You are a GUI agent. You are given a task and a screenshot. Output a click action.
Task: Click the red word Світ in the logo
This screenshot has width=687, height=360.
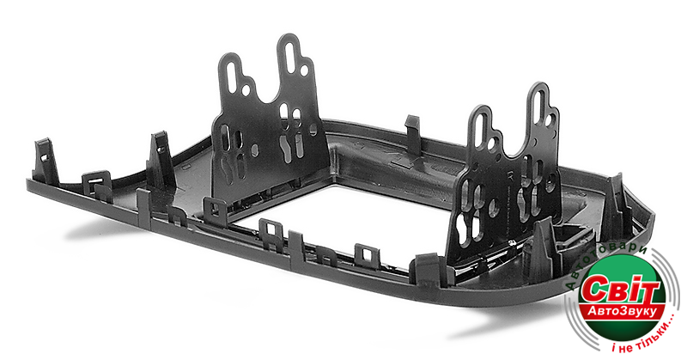coord(622,289)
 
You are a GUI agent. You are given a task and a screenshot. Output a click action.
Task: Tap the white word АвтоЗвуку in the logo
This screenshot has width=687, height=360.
coord(622,311)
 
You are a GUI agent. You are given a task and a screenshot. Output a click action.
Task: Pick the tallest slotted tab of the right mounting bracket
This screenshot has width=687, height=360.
coord(541,110)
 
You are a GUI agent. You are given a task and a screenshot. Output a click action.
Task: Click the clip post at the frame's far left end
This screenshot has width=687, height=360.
coord(46,160)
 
